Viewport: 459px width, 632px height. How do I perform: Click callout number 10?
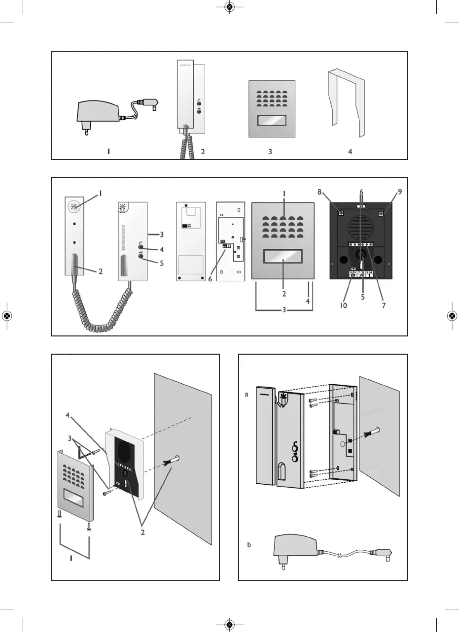coord(343,305)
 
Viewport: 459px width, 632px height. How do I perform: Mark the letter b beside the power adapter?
coord(249,545)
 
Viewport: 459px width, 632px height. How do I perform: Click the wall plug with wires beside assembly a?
coord(373,433)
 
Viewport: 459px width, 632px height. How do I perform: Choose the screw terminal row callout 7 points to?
coord(361,244)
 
